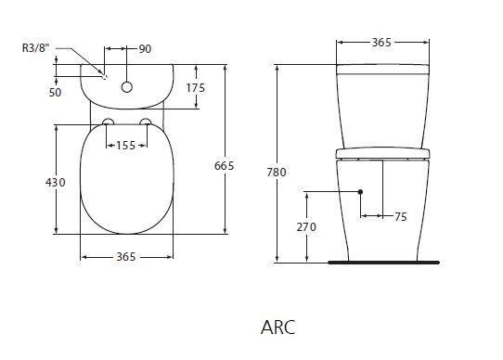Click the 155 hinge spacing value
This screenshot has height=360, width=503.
tap(127, 145)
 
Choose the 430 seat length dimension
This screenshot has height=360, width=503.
tap(56, 182)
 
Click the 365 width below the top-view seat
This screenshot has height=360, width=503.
tap(127, 257)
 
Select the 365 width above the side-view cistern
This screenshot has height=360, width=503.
tap(384, 42)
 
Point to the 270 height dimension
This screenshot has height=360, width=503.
tap(308, 225)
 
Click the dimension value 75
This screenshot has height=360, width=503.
tap(400, 217)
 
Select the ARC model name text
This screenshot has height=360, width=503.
tap(279, 327)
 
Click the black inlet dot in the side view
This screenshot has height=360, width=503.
tap(360, 192)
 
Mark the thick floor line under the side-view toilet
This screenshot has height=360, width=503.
tap(383, 263)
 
